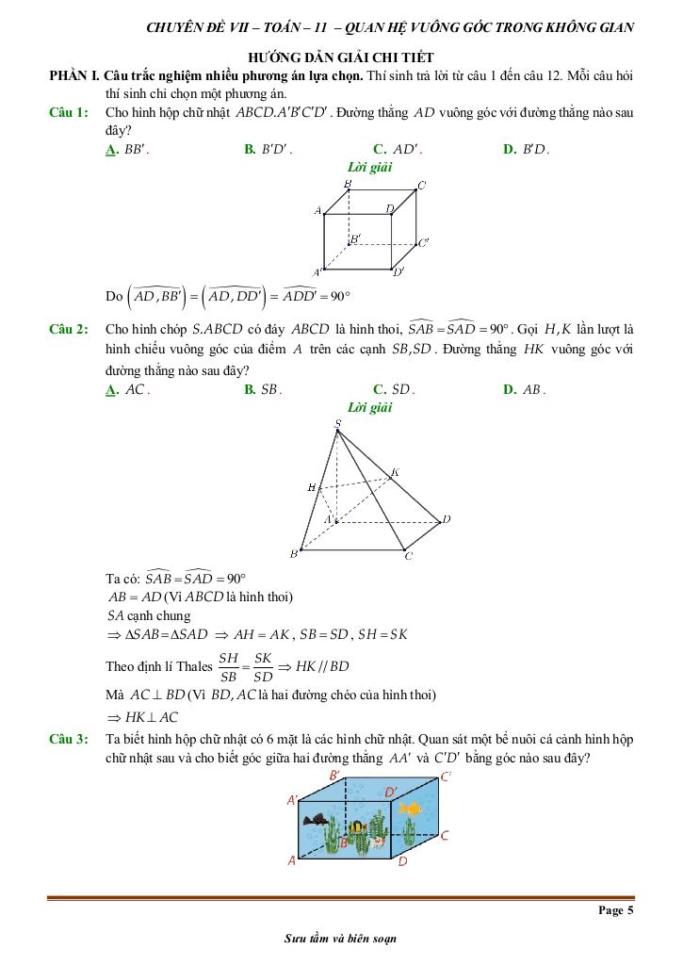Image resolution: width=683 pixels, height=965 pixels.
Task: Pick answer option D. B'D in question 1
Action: [527, 149]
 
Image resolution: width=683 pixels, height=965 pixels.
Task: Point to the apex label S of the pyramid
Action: [337, 424]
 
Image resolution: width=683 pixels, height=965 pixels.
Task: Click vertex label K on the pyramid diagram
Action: [395, 472]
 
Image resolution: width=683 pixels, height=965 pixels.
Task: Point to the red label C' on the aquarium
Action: [446, 777]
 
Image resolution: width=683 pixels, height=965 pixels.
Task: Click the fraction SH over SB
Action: [229, 666]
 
